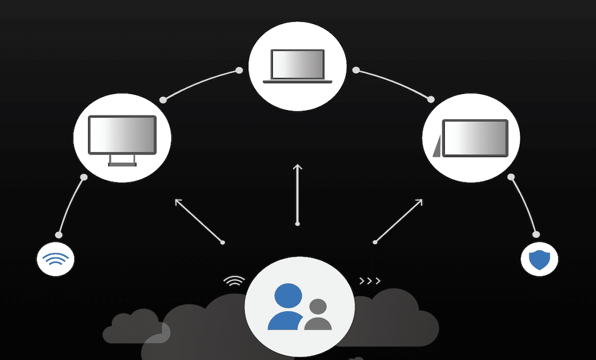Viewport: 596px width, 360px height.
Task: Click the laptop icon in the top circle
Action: coord(297,66)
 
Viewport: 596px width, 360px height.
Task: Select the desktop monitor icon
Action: coord(122,138)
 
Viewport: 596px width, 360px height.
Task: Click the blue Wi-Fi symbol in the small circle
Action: coord(55,259)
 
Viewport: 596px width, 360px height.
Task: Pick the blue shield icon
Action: coord(539,260)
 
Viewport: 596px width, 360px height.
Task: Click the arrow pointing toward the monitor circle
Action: coord(198,220)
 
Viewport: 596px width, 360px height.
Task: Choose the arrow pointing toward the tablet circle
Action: coord(399,220)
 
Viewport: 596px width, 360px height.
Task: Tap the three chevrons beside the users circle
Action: coord(370,281)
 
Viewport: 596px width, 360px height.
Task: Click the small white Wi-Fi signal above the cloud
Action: coord(234,281)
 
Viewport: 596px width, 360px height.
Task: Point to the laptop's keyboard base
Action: coord(297,82)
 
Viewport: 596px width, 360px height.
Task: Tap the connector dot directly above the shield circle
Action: coord(536,234)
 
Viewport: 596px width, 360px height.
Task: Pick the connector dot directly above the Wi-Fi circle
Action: coord(58,234)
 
